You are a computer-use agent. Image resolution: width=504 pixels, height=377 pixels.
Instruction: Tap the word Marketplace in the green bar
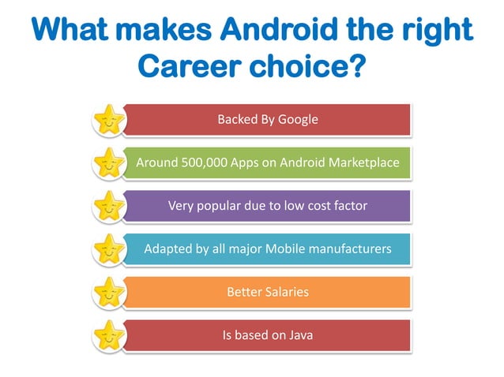pos(363,163)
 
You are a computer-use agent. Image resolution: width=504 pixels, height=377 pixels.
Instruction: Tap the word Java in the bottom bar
pos(299,336)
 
